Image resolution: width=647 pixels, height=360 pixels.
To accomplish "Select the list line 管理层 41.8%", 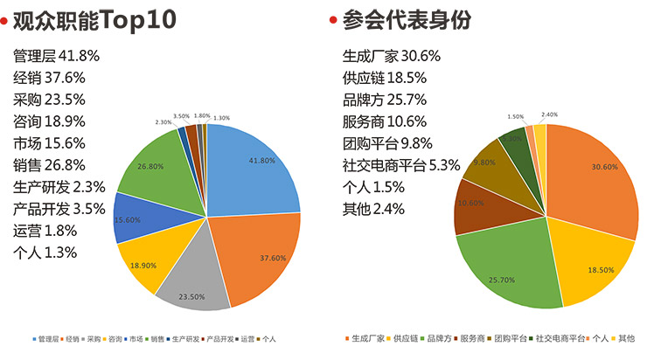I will [x=56, y=56].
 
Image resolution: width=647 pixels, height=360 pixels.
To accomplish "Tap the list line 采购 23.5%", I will [x=49, y=100].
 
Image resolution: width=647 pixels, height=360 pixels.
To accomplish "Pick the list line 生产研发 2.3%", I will [x=59, y=187].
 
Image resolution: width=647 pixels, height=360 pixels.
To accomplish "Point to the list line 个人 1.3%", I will [x=45, y=253].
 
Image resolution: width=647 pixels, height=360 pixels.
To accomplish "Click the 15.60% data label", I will [x=128, y=219].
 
